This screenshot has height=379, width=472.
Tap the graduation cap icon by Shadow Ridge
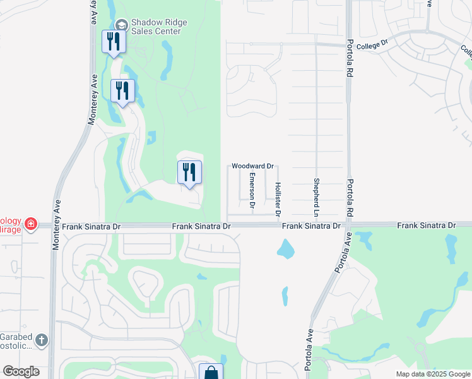[x=122, y=25]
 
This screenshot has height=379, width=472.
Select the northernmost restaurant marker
[x=114, y=42]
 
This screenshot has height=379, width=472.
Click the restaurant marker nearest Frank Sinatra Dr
[x=189, y=172]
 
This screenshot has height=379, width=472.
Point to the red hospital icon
[x=30, y=224]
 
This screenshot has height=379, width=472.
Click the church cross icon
[x=42, y=341]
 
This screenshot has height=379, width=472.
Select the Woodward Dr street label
[x=252, y=166]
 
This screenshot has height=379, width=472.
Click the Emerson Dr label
[x=252, y=190]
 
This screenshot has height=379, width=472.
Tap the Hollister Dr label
[x=278, y=197]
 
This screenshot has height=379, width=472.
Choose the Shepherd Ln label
[x=317, y=195]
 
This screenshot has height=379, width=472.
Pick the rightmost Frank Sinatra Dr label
[x=426, y=226]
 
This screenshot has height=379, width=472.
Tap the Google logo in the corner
[x=21, y=371]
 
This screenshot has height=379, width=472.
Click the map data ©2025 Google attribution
[x=432, y=374]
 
